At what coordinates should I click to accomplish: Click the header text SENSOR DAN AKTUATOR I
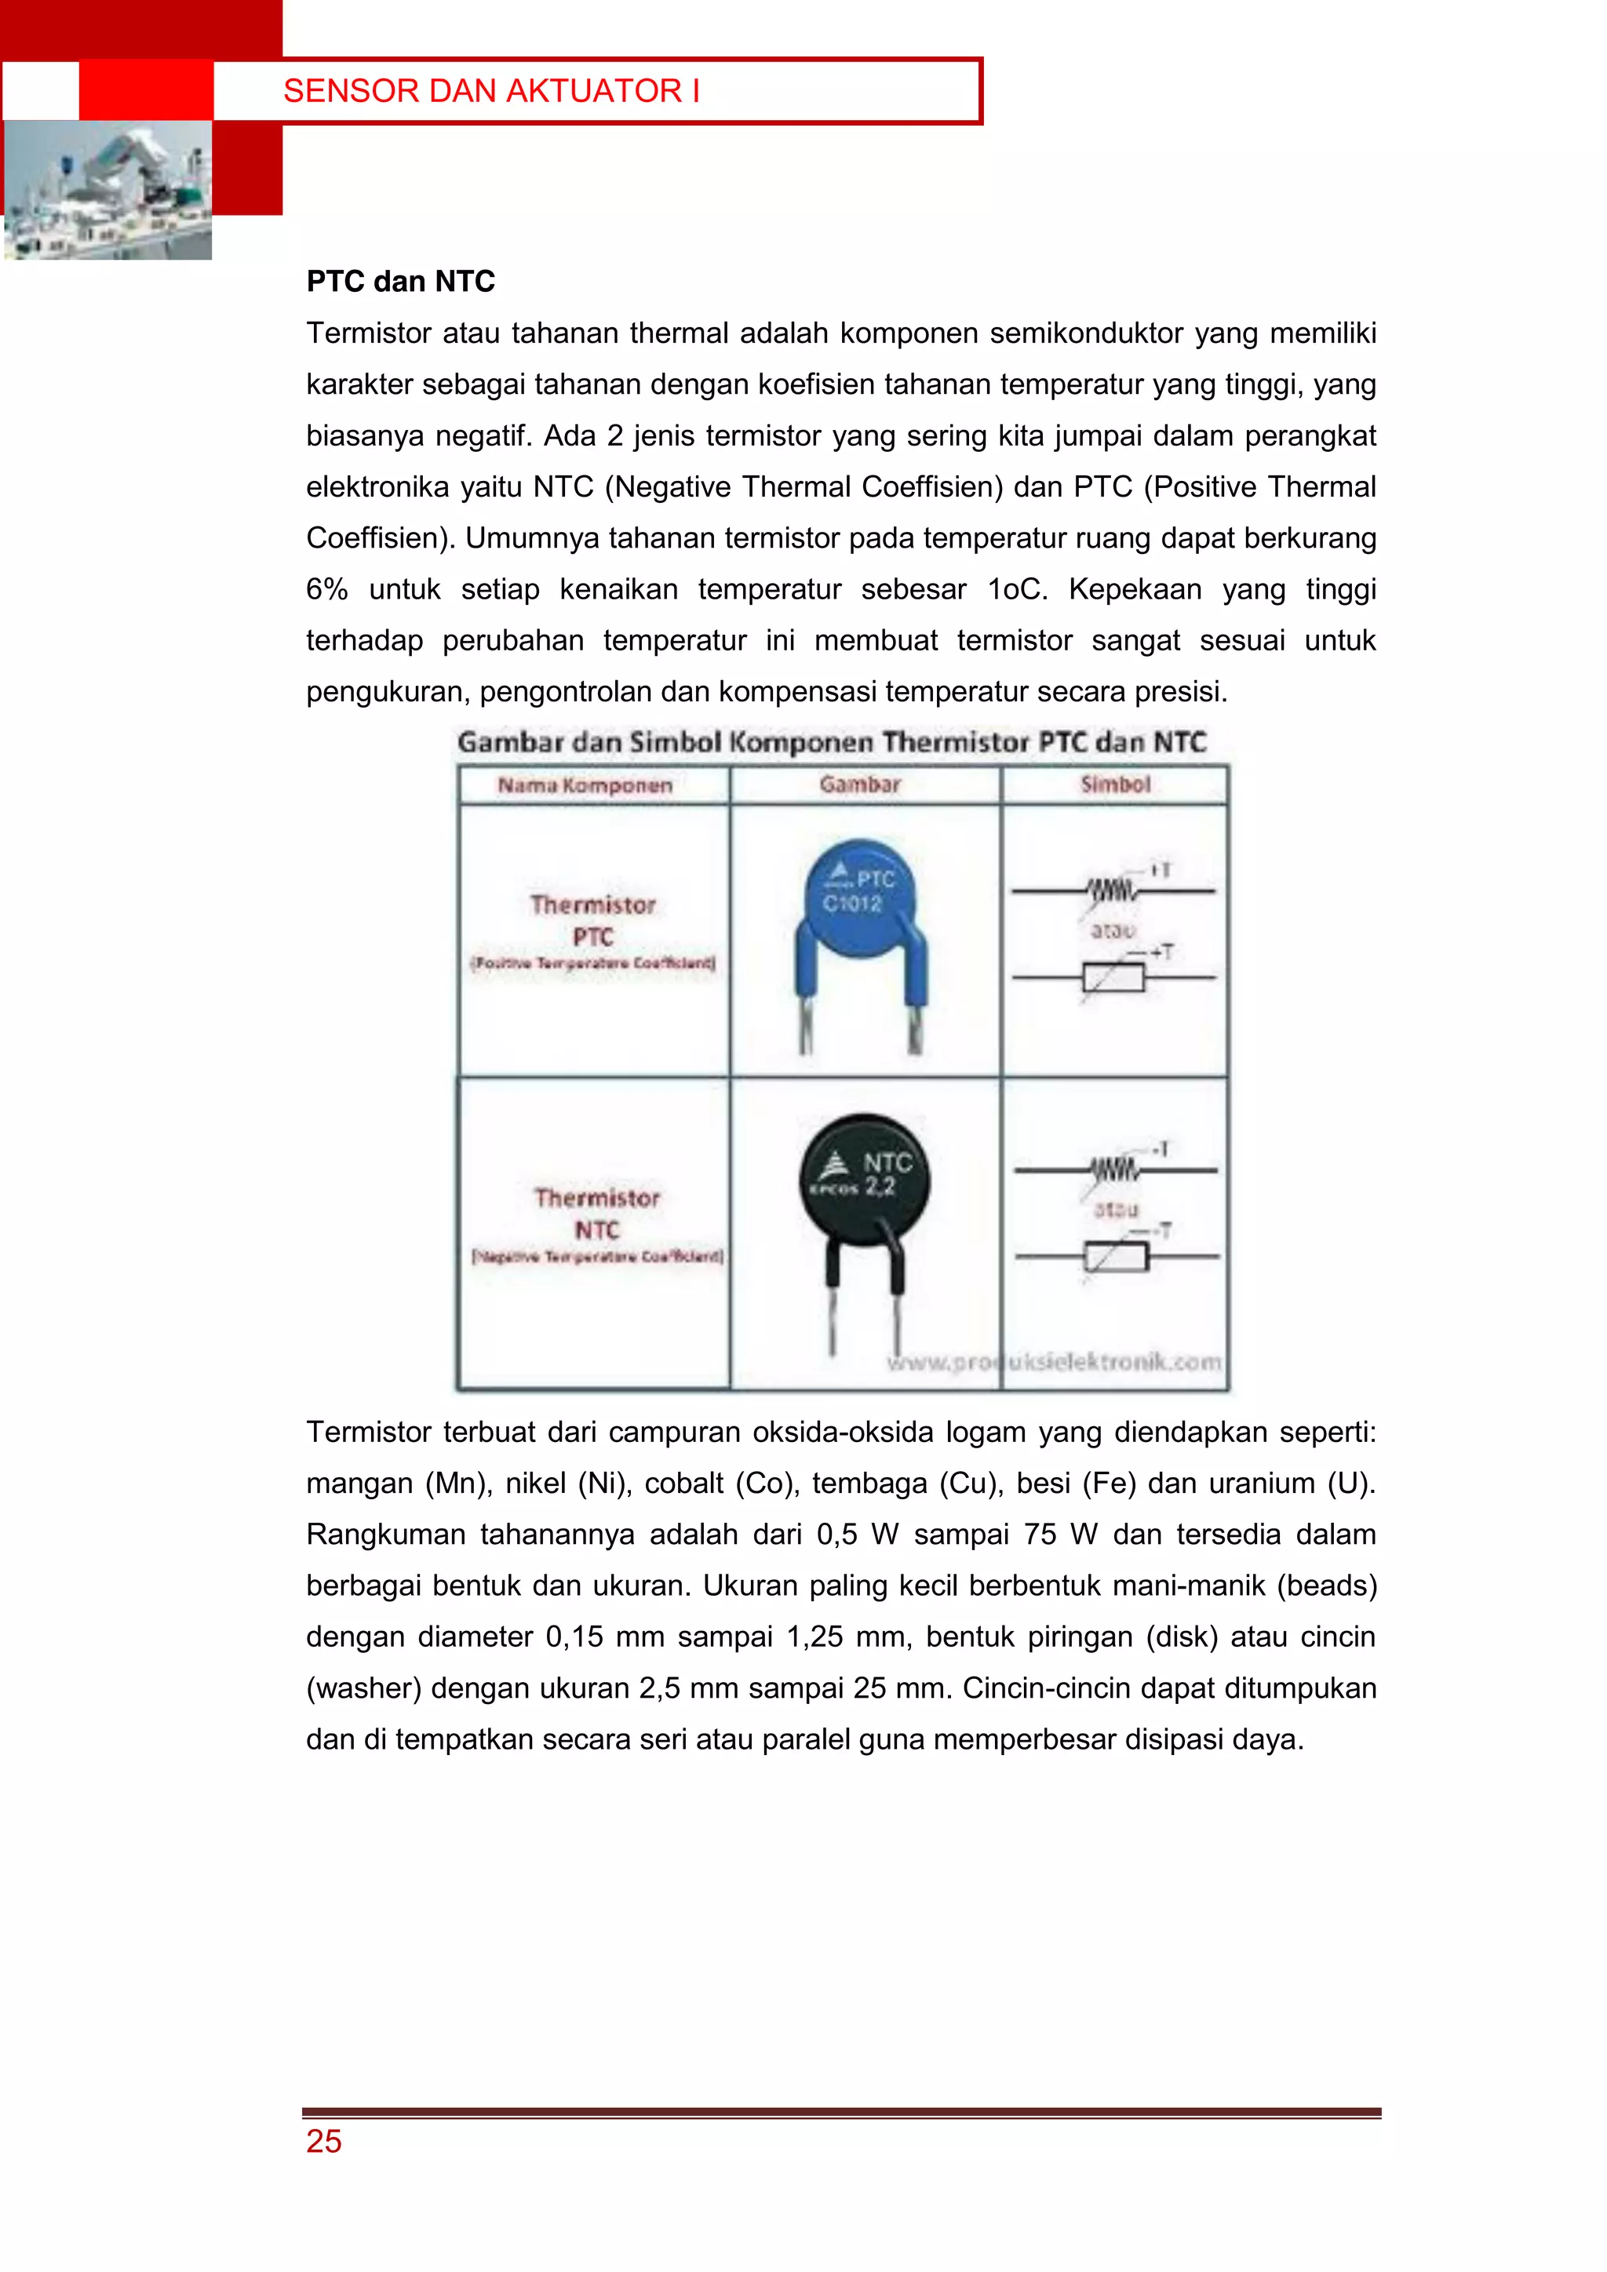click(492, 91)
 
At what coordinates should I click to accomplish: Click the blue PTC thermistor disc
click(860, 898)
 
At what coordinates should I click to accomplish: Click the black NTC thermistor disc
click(864, 1178)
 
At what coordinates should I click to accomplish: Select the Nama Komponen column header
click(585, 785)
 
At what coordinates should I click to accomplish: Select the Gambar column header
click(860, 785)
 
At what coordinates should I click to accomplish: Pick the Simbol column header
click(1115, 785)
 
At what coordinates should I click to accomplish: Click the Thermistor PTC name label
click(592, 920)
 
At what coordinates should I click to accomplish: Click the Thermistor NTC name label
click(596, 1214)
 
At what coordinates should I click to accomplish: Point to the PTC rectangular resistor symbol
click(1113, 978)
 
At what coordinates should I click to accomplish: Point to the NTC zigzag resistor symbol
click(1114, 1171)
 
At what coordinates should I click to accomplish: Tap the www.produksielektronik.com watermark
click(1053, 1363)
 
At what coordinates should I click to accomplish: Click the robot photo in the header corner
click(107, 190)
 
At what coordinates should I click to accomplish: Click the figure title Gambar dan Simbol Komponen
click(831, 742)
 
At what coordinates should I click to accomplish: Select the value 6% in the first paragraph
click(326, 590)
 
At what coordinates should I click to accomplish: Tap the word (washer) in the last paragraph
click(363, 1688)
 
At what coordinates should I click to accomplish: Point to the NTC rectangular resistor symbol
click(1117, 1258)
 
